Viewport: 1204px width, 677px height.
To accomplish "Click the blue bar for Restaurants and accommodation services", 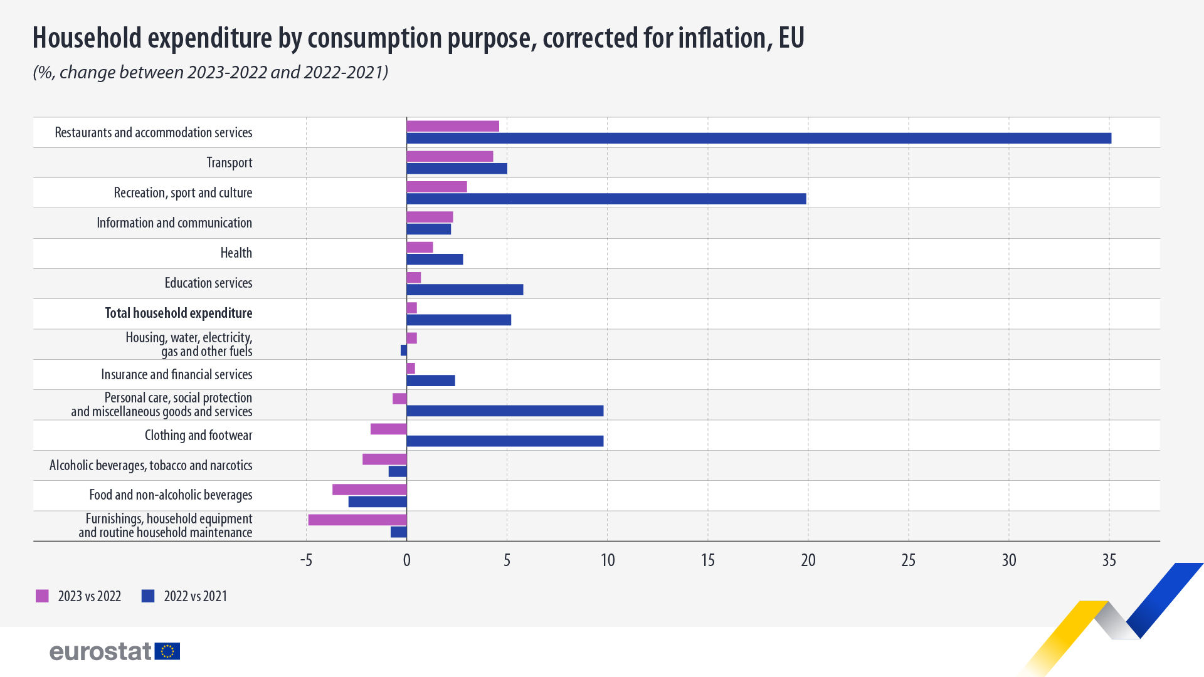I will (x=759, y=139).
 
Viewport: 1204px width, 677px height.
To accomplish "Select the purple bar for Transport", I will (x=450, y=157).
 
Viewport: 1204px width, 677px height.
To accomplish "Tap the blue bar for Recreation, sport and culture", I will (x=606, y=199).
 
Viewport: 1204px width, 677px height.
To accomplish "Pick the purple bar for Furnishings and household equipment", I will (x=357, y=520).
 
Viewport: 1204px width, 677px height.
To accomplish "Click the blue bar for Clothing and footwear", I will (x=505, y=441).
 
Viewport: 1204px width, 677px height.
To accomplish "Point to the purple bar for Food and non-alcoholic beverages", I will (x=369, y=490).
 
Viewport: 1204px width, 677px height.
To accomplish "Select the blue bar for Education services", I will (x=465, y=290).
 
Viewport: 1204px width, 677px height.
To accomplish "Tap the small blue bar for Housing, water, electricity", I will (x=404, y=350).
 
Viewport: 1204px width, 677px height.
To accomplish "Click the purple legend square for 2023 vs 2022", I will (x=42, y=596).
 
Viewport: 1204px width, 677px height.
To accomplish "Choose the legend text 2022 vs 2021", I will (x=195, y=596).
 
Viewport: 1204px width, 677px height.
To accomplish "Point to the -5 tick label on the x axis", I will (x=306, y=560).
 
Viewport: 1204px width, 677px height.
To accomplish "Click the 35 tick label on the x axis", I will (x=1109, y=560).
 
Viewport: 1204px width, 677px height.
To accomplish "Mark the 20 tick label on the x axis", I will (x=808, y=560).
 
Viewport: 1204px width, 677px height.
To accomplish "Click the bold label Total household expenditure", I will (x=179, y=313).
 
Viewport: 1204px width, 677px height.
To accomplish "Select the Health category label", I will (x=236, y=253).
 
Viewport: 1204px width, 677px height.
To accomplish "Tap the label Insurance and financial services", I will (x=176, y=375).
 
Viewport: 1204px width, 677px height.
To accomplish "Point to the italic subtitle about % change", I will (x=210, y=73).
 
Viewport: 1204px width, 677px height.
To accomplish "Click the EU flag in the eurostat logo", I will (x=167, y=651).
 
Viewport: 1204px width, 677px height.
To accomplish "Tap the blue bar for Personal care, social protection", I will (x=505, y=411).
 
